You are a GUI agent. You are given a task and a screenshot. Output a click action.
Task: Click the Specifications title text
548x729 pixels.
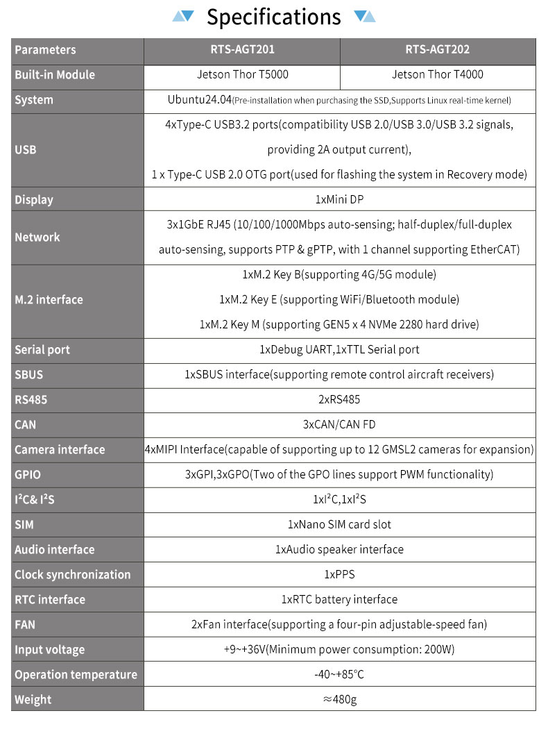(274, 17)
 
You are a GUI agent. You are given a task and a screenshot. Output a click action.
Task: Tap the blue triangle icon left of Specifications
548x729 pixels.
(183, 16)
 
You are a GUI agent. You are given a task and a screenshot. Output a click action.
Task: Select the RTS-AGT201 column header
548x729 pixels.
(242, 50)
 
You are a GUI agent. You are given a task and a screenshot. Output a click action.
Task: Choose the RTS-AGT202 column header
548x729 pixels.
(438, 50)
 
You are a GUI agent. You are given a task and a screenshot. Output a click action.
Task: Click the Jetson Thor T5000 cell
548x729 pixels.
(242, 74)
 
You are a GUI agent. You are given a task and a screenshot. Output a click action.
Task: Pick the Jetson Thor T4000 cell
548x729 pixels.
(438, 74)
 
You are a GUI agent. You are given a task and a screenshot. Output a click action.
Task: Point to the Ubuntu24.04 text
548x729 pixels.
(199, 99)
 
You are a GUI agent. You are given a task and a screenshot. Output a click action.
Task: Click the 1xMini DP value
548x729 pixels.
(339, 199)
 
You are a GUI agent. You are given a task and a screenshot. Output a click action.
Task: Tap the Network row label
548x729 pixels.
(37, 237)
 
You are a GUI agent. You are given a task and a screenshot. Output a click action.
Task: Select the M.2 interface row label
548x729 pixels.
(49, 299)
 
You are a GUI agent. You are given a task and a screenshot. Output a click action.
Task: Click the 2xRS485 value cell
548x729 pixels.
(339, 399)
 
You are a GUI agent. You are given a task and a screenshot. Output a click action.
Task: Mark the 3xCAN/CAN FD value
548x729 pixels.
(339, 424)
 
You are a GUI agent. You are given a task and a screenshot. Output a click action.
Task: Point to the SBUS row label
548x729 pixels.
(29, 374)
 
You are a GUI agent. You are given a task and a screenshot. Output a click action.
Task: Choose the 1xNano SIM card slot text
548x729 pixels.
(339, 524)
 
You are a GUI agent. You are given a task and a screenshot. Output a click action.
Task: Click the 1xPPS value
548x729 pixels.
(339, 574)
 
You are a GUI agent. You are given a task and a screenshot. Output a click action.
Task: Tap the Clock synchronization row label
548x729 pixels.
(72, 574)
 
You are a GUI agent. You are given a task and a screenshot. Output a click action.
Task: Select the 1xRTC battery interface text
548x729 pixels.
(339, 599)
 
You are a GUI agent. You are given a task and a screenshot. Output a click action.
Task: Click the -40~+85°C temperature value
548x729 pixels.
(339, 674)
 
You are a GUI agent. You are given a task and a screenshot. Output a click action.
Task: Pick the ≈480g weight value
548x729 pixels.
(339, 699)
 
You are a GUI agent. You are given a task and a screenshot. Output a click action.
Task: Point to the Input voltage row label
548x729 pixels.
(49, 649)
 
